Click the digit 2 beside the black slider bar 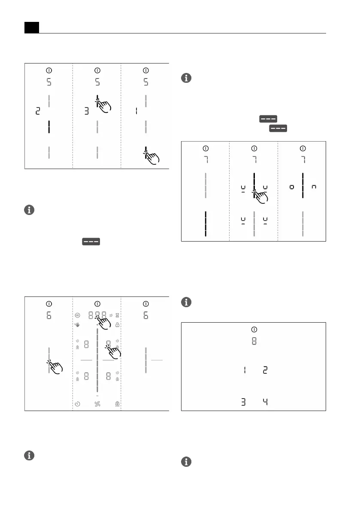37,112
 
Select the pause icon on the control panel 77,314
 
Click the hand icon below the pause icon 77,325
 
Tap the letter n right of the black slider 314,187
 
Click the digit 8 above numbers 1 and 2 254,342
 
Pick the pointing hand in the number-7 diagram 260,198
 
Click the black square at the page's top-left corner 31,27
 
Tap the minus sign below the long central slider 97,395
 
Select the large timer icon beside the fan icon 77,404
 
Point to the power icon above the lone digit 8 254,330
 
